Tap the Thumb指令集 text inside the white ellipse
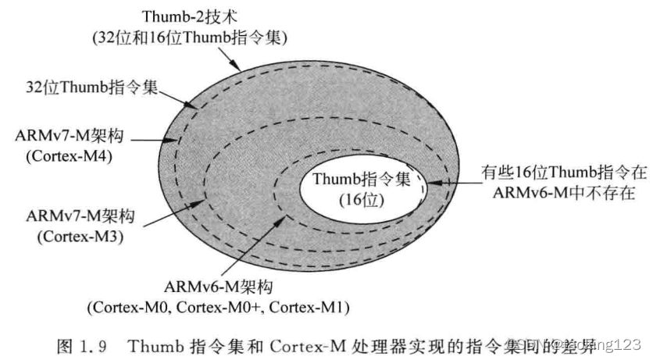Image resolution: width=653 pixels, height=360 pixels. click(361, 180)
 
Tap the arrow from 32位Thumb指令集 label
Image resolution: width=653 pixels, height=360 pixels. click(176, 97)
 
